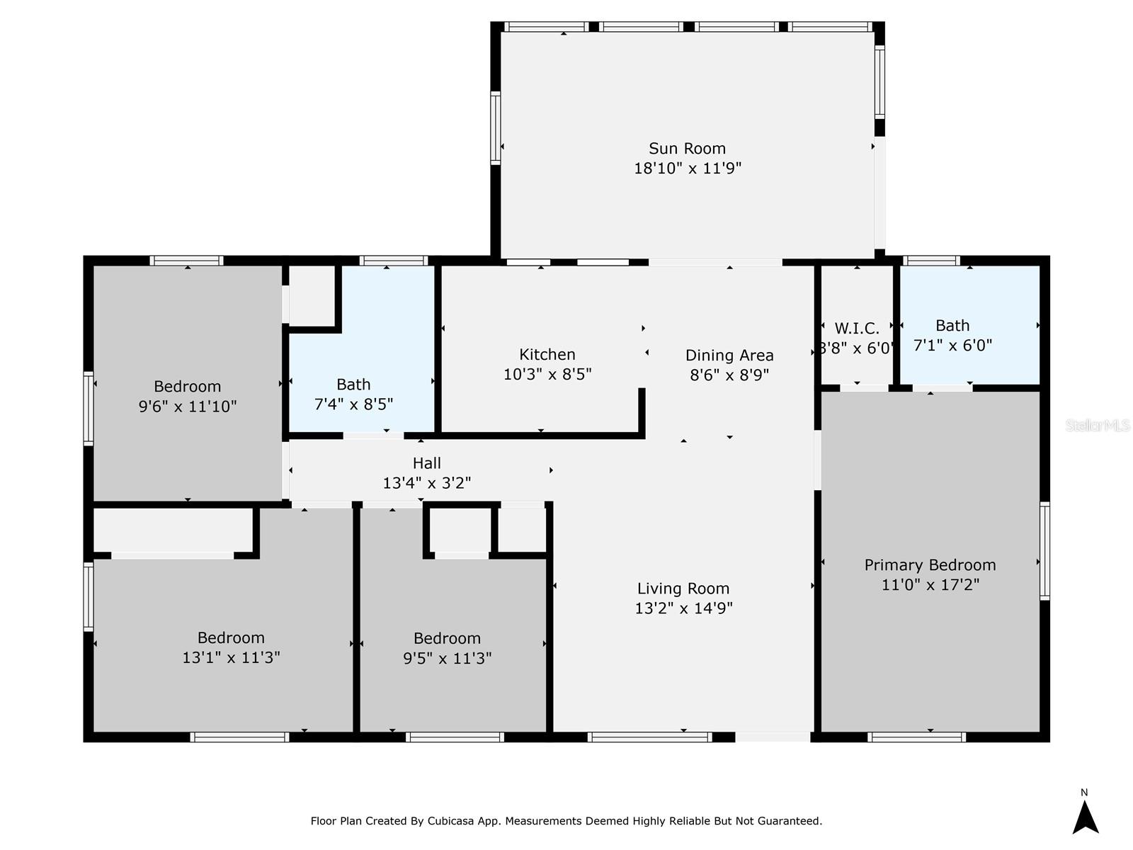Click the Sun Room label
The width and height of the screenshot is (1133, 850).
(x=687, y=149)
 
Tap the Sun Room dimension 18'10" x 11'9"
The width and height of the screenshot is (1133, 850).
(x=687, y=169)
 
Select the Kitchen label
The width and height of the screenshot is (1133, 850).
(x=547, y=355)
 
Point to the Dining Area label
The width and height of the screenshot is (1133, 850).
(x=729, y=356)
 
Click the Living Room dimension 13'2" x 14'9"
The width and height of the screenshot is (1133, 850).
(x=683, y=608)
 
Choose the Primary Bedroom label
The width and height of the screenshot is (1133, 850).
(x=930, y=565)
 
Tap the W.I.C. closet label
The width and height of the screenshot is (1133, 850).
(x=857, y=328)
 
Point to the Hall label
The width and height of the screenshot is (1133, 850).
(x=427, y=463)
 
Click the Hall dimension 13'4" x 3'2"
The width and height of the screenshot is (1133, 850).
(x=427, y=483)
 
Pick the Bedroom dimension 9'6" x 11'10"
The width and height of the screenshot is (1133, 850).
(x=188, y=407)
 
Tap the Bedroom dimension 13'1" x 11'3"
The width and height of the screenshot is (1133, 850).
(x=232, y=657)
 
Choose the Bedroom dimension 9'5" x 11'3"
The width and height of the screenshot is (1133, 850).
(x=447, y=658)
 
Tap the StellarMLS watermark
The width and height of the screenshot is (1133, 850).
(x=1098, y=425)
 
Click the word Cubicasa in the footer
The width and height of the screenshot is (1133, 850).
(x=450, y=820)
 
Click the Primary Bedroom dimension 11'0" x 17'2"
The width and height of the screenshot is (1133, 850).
(x=930, y=585)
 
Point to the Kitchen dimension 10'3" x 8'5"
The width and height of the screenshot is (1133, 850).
(x=547, y=374)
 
